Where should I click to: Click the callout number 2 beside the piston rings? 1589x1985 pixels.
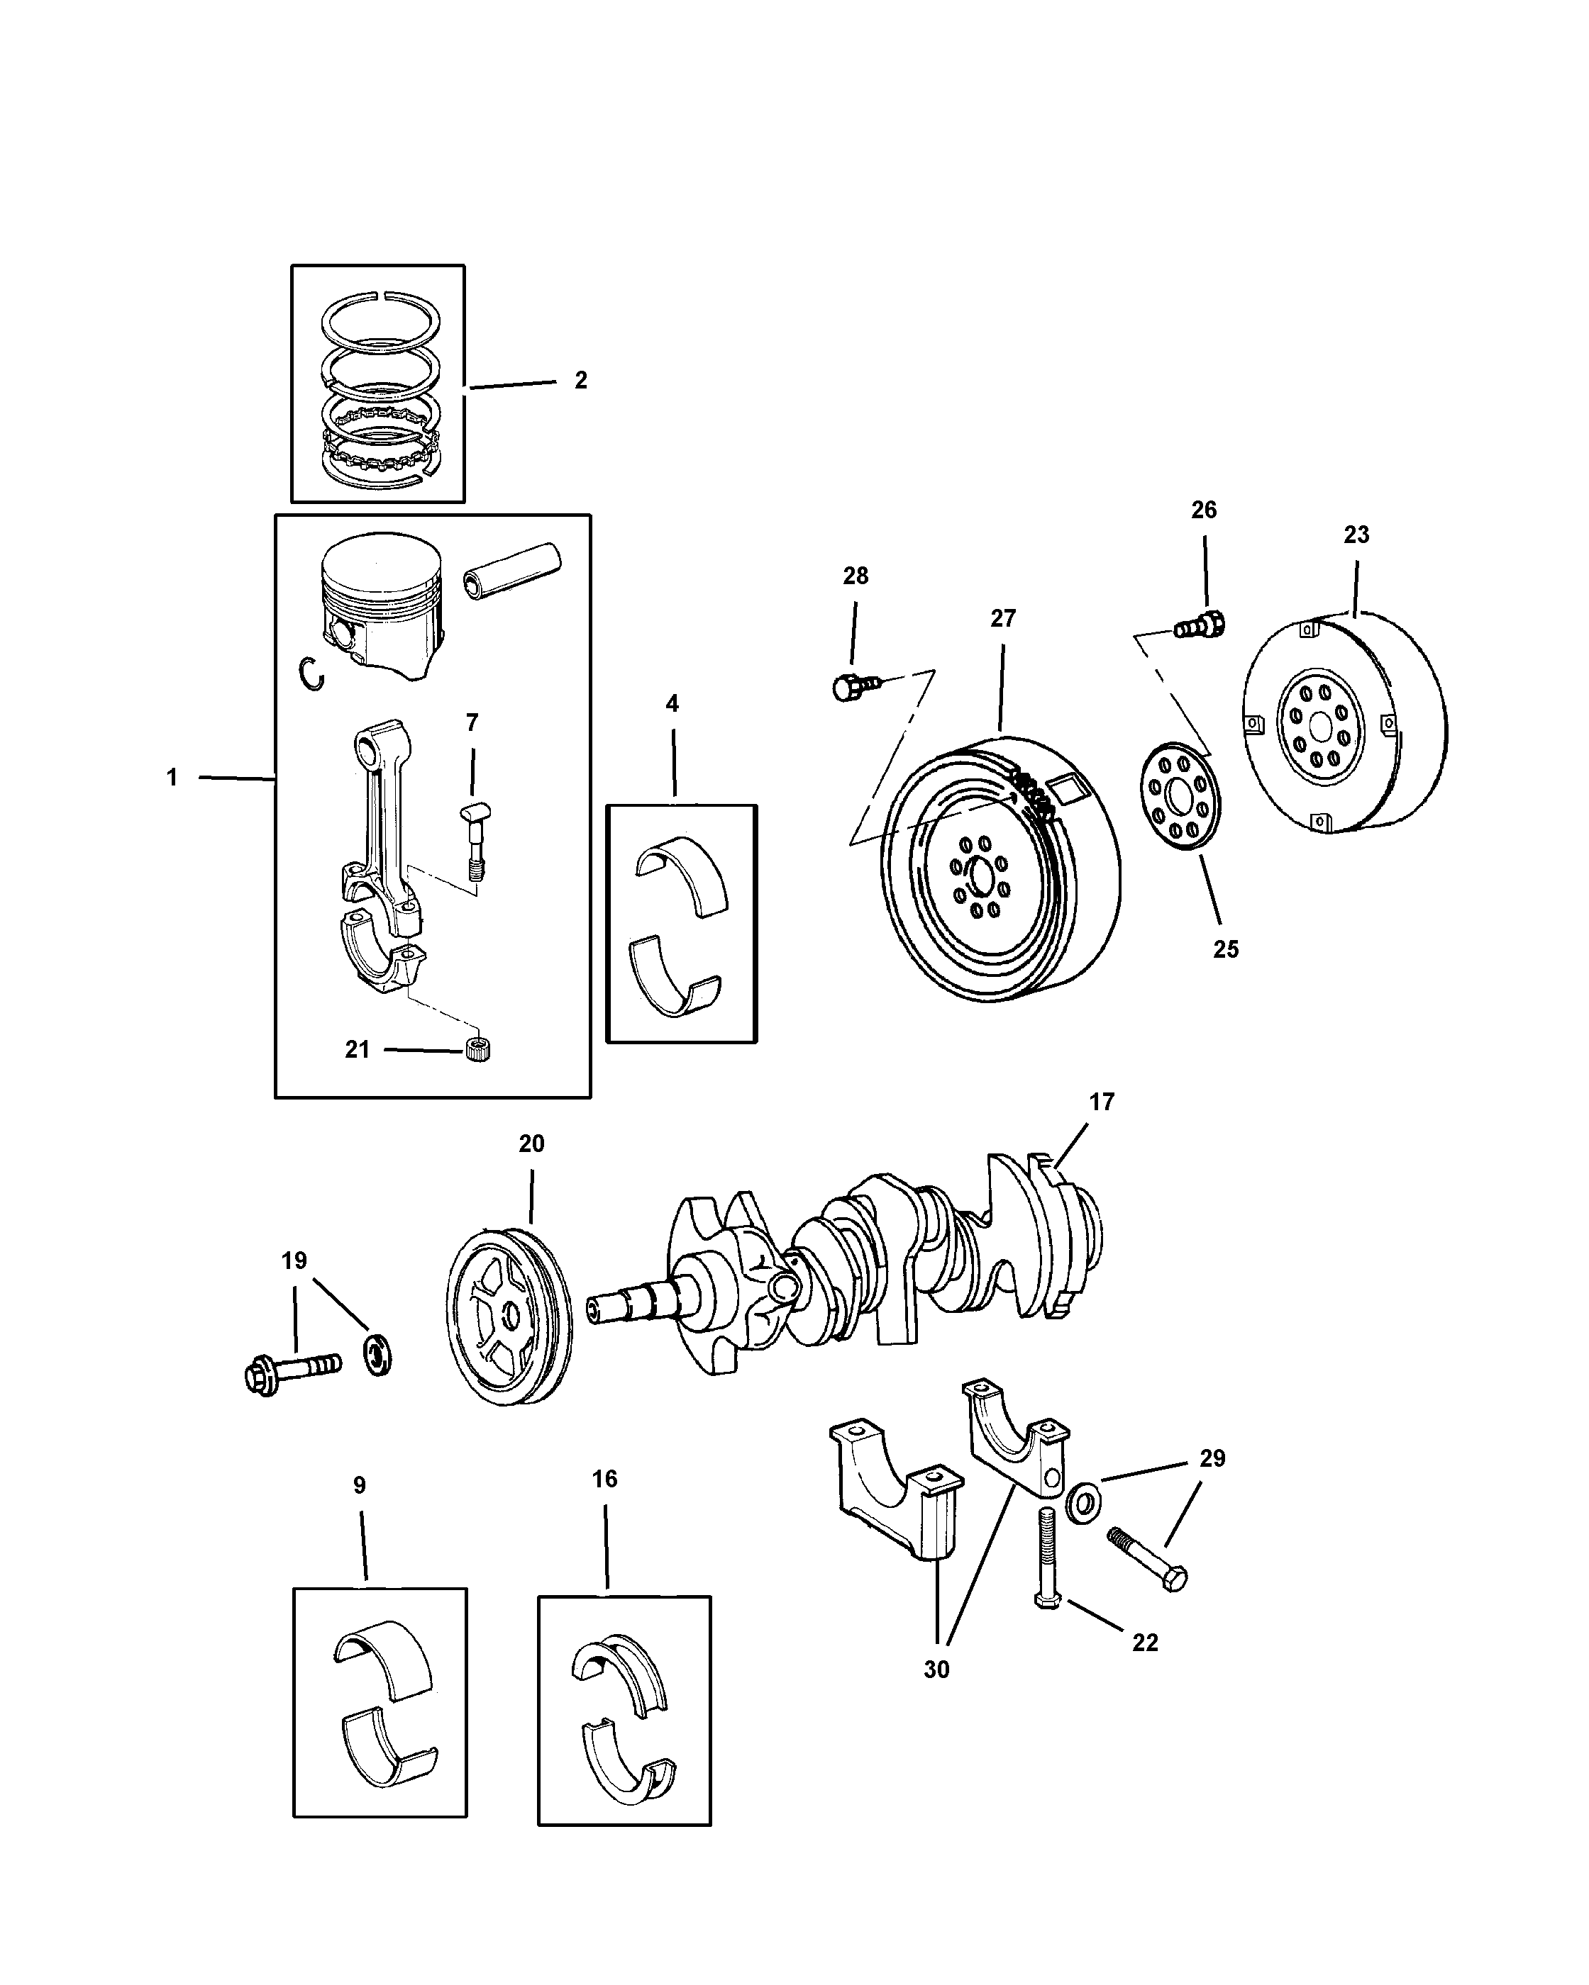580,380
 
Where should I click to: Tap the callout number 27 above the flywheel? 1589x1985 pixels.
1003,619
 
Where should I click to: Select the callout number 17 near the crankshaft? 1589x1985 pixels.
1102,1102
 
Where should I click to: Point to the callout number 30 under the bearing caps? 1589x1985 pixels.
937,1670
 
